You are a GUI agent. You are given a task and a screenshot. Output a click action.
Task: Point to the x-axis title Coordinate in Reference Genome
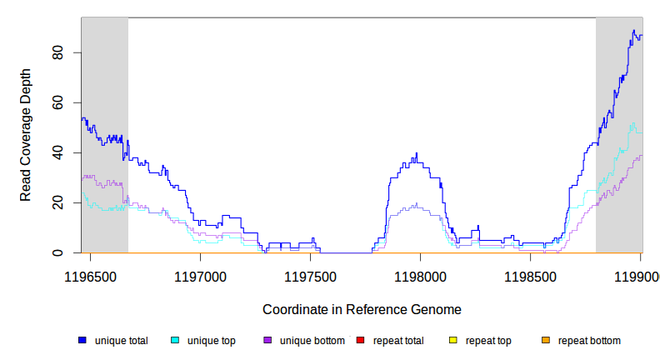[362, 309]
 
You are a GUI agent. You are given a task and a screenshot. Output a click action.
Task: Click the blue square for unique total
[82, 341]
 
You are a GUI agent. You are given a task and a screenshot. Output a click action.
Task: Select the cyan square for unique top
[175, 341]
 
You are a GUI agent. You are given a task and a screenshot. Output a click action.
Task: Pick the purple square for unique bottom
[267, 341]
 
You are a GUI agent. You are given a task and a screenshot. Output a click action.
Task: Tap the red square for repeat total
[360, 341]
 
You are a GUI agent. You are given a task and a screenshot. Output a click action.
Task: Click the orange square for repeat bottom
[546, 341]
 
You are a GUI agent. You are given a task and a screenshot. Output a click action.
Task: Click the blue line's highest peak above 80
[633, 31]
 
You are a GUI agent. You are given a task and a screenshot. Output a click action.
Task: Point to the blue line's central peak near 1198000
[417, 153]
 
